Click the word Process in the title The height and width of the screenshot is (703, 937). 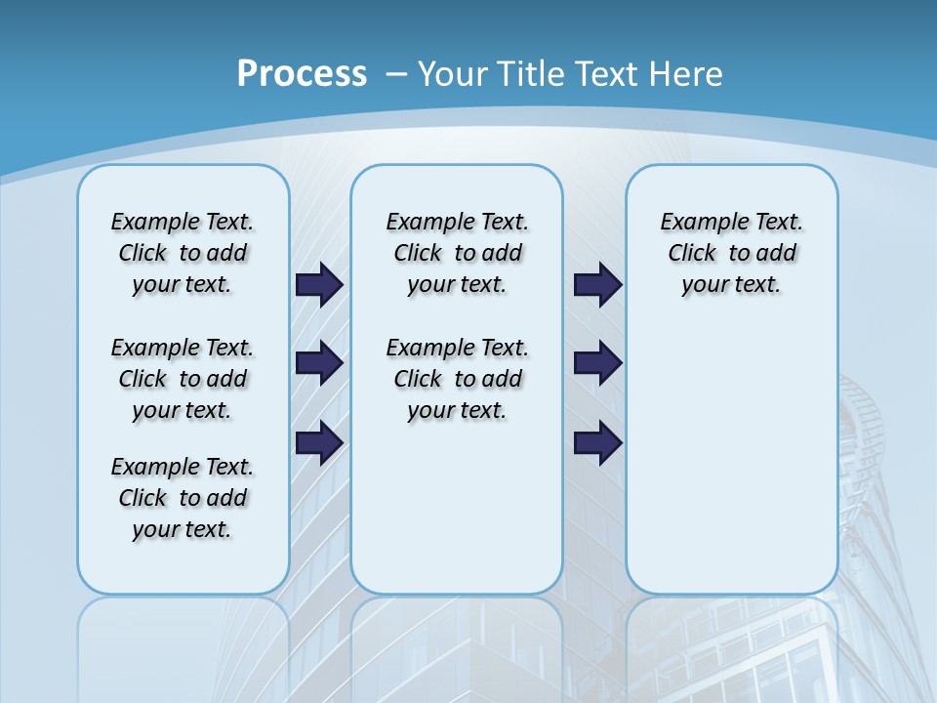[302, 73]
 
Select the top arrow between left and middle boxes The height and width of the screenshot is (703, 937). [319, 284]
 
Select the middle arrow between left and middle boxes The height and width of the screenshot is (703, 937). [319, 363]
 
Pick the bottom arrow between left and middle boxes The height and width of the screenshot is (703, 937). [319, 442]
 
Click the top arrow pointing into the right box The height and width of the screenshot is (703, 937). [598, 284]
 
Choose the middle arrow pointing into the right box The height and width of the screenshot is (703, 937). [598, 363]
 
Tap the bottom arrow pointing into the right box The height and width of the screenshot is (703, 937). [598, 442]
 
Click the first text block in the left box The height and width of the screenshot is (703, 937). [183, 253]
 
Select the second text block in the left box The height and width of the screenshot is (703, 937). [183, 379]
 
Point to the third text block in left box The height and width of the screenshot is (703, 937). [183, 498]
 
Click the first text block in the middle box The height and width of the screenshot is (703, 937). [457, 253]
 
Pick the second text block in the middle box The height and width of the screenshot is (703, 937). [457, 379]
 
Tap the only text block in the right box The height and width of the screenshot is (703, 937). [731, 253]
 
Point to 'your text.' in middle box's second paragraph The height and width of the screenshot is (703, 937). [457, 411]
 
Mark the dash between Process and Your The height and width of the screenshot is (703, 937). [397, 74]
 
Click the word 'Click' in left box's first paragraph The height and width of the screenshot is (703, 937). [143, 254]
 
